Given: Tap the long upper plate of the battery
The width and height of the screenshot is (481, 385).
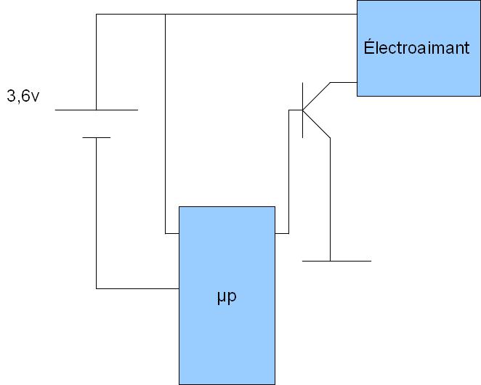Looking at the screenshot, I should click(96, 110).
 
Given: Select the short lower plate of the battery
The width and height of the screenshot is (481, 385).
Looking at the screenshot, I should click(96, 137).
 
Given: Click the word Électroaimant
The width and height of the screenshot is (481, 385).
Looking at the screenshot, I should click(416, 49).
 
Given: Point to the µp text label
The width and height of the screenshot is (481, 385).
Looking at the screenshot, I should click(227, 297).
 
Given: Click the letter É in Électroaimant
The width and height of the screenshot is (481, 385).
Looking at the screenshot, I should click(368, 48).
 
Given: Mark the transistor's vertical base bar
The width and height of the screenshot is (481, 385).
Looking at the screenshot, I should click(302, 110).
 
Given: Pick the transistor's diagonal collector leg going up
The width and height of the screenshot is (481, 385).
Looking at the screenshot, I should click(316, 96).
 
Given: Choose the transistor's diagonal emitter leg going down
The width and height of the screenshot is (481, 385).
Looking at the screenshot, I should click(316, 124).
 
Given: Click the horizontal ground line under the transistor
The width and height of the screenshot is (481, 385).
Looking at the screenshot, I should click(336, 260).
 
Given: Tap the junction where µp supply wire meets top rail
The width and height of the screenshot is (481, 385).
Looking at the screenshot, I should click(165, 14).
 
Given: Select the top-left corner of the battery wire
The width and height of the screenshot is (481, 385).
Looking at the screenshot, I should click(96, 14).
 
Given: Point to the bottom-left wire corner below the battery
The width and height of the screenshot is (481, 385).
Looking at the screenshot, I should click(96, 288).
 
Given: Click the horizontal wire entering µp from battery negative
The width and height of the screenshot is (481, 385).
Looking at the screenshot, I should click(138, 288).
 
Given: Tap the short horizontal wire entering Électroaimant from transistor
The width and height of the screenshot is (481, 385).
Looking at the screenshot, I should click(344, 82).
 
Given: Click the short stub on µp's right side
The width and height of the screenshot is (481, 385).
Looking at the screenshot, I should click(282, 234).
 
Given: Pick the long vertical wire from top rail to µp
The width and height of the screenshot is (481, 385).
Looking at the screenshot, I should click(165, 123).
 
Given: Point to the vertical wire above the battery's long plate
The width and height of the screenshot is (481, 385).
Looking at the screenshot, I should click(96, 62).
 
